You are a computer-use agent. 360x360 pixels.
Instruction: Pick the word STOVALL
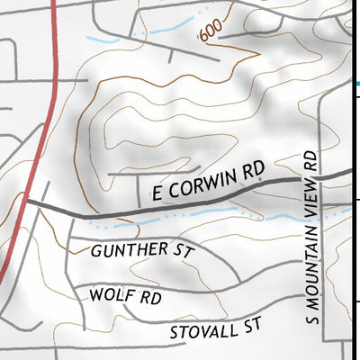(x=202, y=330)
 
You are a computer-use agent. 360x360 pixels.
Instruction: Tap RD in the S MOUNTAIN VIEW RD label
(x=312, y=160)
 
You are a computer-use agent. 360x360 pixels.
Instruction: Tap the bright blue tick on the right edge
(x=356, y=83)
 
